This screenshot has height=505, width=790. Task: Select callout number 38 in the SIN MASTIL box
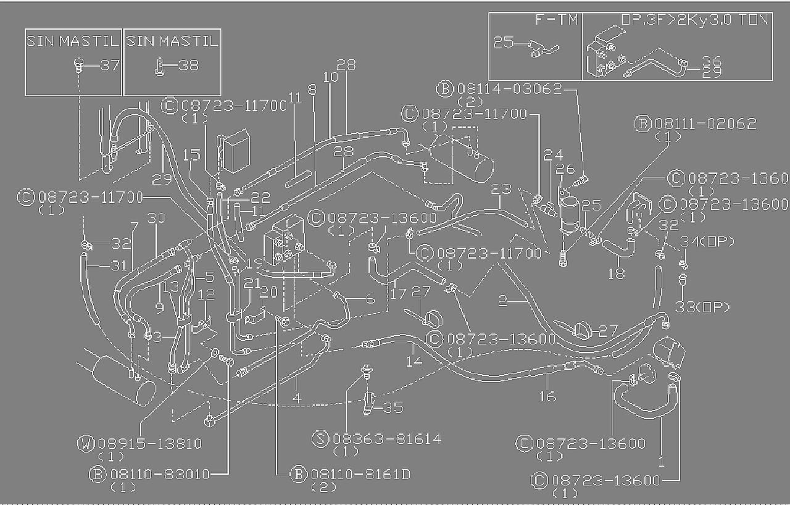tap(188, 65)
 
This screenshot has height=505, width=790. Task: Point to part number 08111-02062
tap(705, 123)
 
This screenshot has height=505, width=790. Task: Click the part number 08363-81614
tap(387, 439)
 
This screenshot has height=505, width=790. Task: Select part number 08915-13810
tap(149, 443)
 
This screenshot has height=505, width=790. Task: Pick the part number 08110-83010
tap(160, 474)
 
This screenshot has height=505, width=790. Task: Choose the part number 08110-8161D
tap(360, 474)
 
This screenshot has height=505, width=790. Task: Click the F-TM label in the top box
tap(555, 20)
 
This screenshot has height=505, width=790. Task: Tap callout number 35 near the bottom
tap(393, 407)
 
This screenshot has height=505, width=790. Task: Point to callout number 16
tap(547, 395)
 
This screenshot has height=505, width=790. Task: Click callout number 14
tap(414, 360)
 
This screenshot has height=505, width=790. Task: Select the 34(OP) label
tap(707, 241)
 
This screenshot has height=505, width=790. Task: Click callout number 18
tap(616, 272)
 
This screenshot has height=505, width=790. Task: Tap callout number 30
tap(156, 218)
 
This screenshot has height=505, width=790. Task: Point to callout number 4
tap(296, 398)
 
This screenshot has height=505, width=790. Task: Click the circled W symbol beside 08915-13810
tap(86, 443)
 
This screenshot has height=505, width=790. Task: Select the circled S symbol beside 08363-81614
tap(320, 439)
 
